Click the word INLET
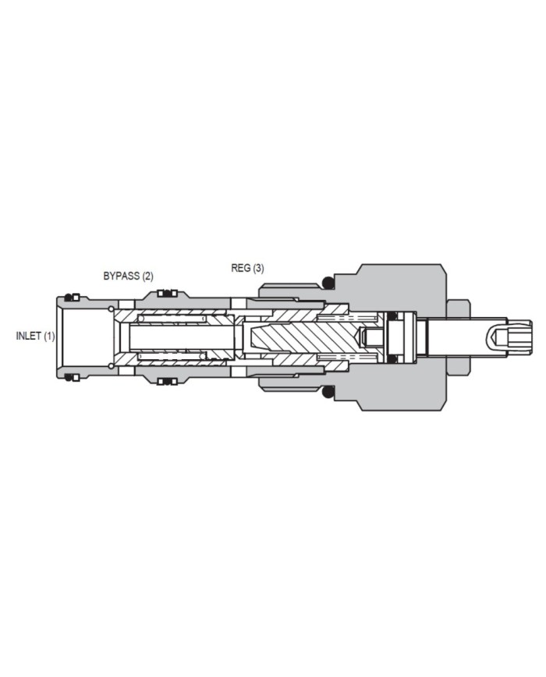(29, 336)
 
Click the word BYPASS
(122, 276)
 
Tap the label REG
(240, 268)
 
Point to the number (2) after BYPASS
(148, 276)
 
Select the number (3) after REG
(258, 268)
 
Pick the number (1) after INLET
(50, 336)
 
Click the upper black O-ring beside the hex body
(329, 283)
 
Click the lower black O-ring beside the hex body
(329, 393)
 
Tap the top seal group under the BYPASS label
(167, 294)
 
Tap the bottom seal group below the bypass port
(167, 381)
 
